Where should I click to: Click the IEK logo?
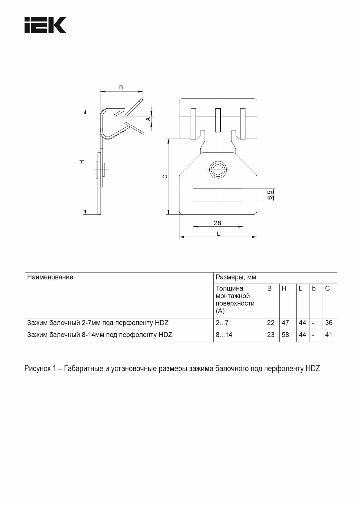(x=45, y=25)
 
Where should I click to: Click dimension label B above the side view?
(x=121, y=87)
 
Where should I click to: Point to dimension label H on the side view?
(x=82, y=162)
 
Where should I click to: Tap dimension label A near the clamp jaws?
(x=148, y=119)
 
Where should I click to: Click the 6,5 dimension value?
(x=270, y=195)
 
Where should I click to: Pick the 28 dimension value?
(x=217, y=223)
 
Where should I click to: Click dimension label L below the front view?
(x=218, y=234)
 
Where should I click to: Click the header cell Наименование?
(x=50, y=277)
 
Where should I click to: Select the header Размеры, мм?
(x=236, y=277)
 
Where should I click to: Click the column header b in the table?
(x=314, y=289)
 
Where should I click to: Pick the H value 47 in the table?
(x=285, y=323)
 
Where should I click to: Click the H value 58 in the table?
(x=285, y=335)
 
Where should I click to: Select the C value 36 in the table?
(x=329, y=323)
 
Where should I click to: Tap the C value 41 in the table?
(x=329, y=335)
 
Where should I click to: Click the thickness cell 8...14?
(x=224, y=335)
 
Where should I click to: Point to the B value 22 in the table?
(x=271, y=323)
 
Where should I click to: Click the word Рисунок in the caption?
(x=37, y=369)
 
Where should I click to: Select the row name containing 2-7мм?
(x=98, y=323)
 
